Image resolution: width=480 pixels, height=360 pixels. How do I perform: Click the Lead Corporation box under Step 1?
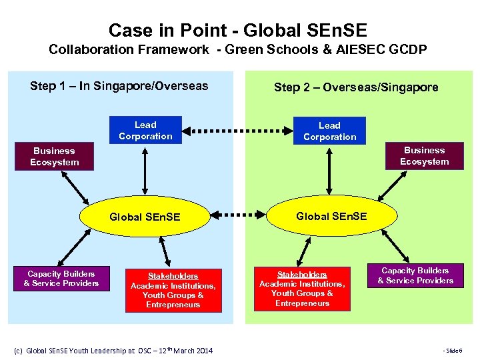click(x=145, y=131)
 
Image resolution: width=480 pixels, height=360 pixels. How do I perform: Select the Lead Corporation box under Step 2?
click(x=329, y=131)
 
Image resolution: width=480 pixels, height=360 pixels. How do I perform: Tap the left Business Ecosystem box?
click(x=55, y=157)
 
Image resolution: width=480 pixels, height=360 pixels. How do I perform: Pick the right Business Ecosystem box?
click(x=424, y=156)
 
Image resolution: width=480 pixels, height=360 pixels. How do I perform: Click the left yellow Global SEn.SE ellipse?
click(x=145, y=216)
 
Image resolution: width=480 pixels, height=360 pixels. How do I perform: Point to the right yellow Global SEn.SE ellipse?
click(x=331, y=215)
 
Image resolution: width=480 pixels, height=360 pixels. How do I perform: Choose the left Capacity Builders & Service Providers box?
click(x=61, y=279)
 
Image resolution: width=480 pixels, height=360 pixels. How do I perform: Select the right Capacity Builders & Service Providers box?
click(x=415, y=275)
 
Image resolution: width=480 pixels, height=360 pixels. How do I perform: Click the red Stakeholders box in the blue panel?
click(x=173, y=290)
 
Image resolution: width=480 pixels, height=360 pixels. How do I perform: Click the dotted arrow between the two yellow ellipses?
click(x=237, y=215)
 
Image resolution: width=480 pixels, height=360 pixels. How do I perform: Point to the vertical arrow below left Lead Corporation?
click(x=145, y=171)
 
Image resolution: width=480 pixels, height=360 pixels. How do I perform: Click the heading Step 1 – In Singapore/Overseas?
click(x=119, y=86)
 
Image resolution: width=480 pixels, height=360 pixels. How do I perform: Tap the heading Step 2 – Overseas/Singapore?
click(x=357, y=87)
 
